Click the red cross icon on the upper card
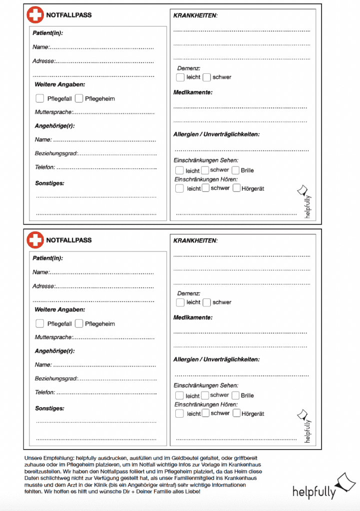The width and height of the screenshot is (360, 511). pyautogui.click(x=35, y=15)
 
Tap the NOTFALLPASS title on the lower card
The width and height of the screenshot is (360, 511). pyautogui.click(x=69, y=240)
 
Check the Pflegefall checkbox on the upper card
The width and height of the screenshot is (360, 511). pyautogui.click(x=40, y=98)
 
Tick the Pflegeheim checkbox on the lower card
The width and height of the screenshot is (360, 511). pyautogui.click(x=79, y=323)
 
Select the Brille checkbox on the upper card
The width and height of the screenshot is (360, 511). pyautogui.click(x=236, y=170)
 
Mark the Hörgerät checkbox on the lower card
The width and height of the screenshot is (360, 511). pyautogui.click(x=237, y=413)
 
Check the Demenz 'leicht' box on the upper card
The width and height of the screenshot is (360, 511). pyautogui.click(x=180, y=77)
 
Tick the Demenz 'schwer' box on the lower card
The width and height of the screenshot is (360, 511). pyautogui.click(x=207, y=302)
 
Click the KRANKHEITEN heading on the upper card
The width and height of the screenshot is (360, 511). pyautogui.click(x=195, y=15)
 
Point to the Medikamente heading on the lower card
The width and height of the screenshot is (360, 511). pyautogui.click(x=193, y=317)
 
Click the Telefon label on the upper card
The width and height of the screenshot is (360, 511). pyautogui.click(x=45, y=167)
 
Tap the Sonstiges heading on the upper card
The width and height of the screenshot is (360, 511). pyautogui.click(x=49, y=183)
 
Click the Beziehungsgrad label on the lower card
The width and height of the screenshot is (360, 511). pyautogui.click(x=56, y=379)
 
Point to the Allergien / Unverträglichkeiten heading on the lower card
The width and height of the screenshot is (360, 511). pyautogui.click(x=216, y=359)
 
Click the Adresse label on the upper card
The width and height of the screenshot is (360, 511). pyautogui.click(x=43, y=61)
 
